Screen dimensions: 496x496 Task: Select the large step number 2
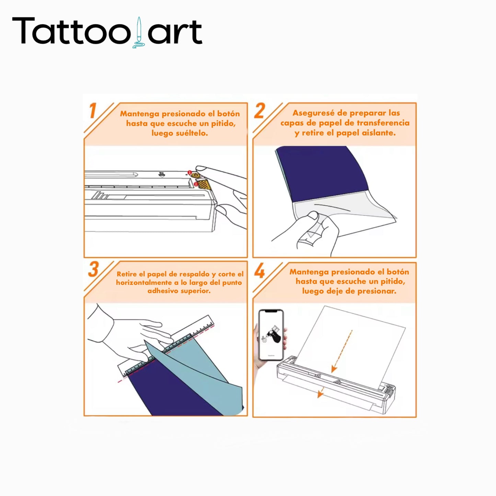[259, 111]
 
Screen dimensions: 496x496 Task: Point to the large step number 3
[93, 269]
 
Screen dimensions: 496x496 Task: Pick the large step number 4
[259, 271]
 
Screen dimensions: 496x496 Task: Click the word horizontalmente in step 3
[143, 282]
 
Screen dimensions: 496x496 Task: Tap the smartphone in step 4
[271, 335]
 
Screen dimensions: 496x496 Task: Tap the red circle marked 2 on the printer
[195, 184]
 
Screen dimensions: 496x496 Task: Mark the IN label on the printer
[161, 174]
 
